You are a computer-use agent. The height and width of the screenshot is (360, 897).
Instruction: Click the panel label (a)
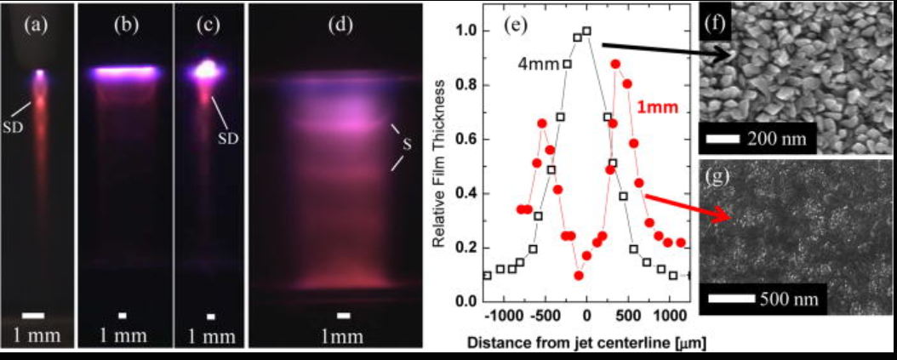pos(37,25)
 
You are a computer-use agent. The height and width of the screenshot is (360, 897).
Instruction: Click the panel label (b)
pos(126,25)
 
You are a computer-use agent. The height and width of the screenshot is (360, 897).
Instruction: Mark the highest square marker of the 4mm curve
pos(586,31)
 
